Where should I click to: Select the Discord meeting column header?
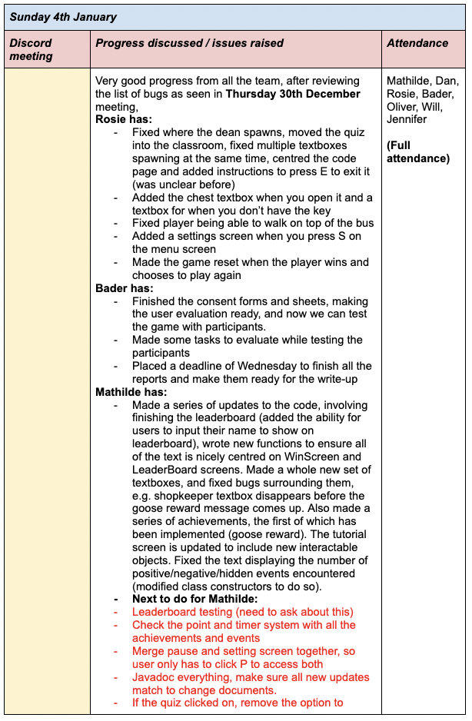(x=31, y=49)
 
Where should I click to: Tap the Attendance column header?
(x=417, y=43)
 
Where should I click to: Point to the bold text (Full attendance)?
(x=418, y=151)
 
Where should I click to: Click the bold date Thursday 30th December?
(x=293, y=94)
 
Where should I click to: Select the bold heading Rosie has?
(x=124, y=119)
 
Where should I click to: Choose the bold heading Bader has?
(x=125, y=288)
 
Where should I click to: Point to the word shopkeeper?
(x=186, y=496)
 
